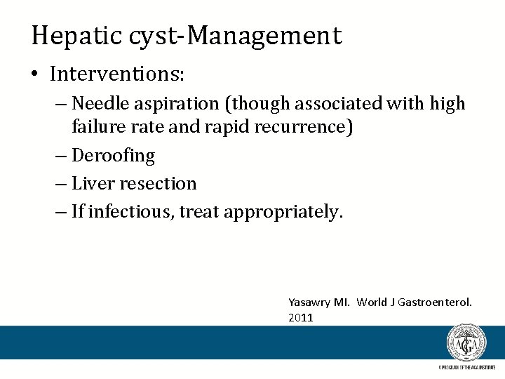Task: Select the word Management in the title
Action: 276,36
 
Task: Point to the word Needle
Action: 98,104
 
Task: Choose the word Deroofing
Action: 113,156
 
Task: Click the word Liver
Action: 93,184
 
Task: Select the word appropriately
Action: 284,212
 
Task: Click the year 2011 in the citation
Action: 300,318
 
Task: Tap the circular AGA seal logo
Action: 466,343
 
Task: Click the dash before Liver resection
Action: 62,184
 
